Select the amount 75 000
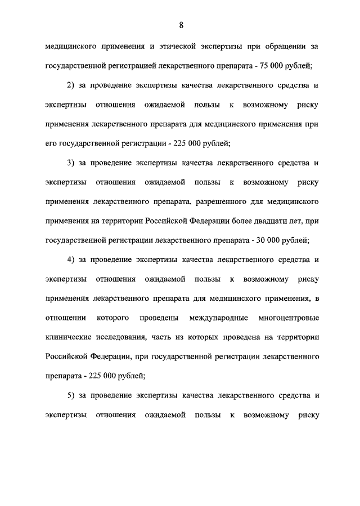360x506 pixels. click(x=273, y=65)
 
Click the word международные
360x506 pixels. click(x=220, y=318)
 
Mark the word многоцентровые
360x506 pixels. click(x=289, y=318)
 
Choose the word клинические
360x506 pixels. click(x=66, y=337)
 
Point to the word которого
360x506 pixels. click(x=113, y=318)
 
